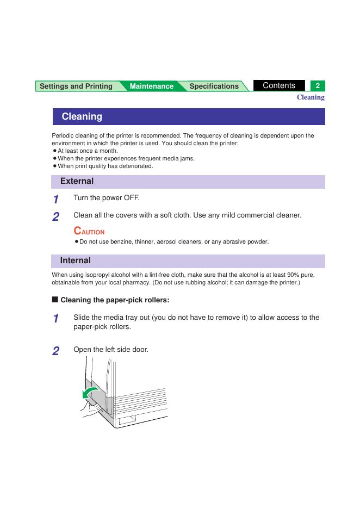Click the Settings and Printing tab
click(x=76, y=86)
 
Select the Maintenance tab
click(x=151, y=86)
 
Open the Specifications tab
click(x=214, y=86)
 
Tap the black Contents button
click(x=279, y=85)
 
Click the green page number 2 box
click(x=318, y=86)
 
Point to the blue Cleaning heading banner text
click(x=82, y=116)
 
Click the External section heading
click(x=77, y=181)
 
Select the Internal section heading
click(x=76, y=260)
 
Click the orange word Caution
click(x=89, y=231)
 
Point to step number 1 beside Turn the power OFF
click(x=55, y=200)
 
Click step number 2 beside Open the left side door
click(x=55, y=351)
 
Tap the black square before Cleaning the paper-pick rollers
click(x=54, y=300)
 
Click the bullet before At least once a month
click(x=55, y=151)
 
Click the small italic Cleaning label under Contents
click(x=310, y=97)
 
